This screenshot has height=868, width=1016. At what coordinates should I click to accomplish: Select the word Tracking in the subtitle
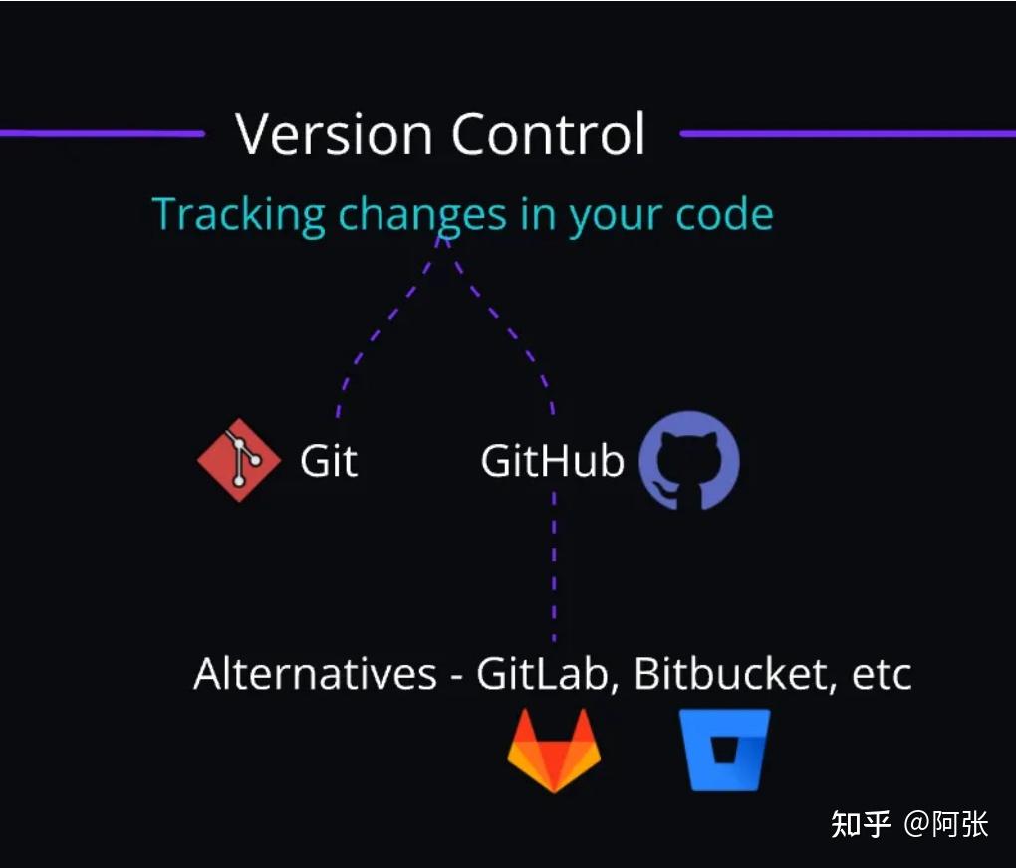click(239, 215)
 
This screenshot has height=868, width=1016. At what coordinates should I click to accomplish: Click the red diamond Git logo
click(239, 459)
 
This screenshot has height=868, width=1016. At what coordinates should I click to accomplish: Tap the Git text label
click(329, 461)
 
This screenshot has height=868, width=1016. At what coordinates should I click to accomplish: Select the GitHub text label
click(552, 461)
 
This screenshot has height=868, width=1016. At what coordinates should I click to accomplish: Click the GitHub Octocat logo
click(689, 461)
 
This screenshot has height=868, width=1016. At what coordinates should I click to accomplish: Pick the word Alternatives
click(316, 674)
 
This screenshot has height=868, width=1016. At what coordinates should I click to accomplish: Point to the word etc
click(882, 675)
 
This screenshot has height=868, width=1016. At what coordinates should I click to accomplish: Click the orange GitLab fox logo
click(555, 751)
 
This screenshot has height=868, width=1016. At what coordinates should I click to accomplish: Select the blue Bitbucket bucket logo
click(724, 750)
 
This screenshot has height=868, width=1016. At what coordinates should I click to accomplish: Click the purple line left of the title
click(100, 133)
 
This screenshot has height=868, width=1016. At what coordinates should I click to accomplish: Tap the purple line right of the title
click(847, 133)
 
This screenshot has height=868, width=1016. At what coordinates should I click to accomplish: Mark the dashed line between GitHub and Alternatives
click(554, 567)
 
